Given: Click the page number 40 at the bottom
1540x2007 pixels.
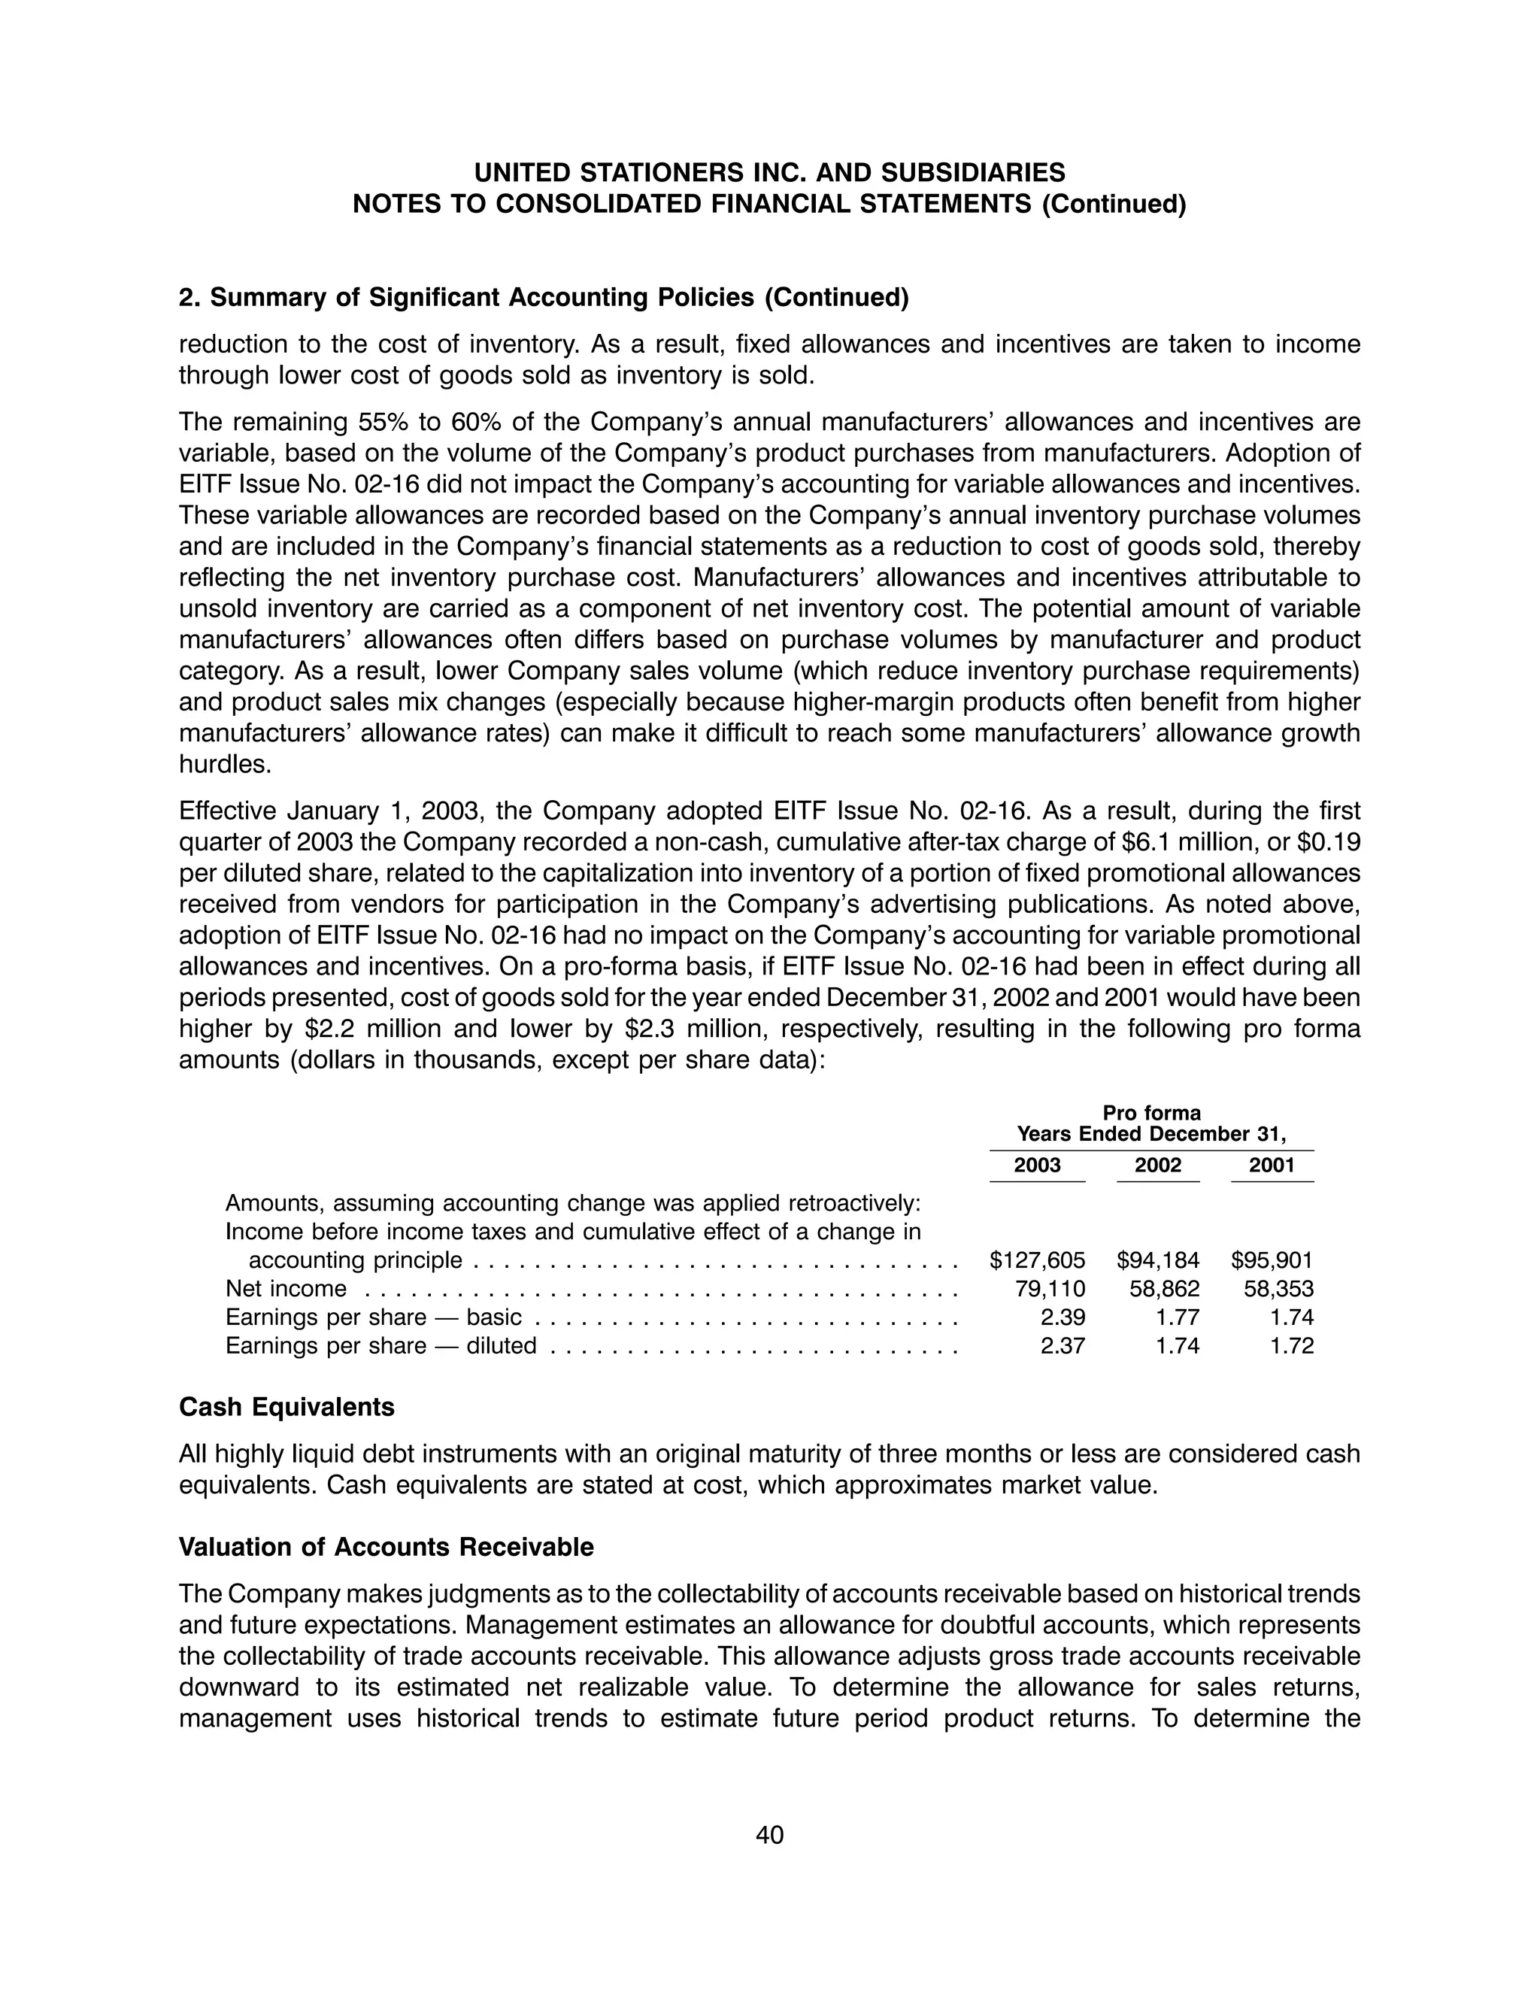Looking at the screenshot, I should [769, 1835].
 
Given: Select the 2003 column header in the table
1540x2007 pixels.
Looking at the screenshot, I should [1037, 1165].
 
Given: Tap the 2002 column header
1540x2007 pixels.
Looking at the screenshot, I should [1158, 1165].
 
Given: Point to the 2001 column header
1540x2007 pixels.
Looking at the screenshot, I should [1272, 1165].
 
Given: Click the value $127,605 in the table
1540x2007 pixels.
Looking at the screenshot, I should [1038, 1260].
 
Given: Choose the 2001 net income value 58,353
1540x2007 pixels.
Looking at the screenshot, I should [1278, 1289].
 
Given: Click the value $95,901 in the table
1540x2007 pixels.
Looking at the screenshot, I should [1272, 1260].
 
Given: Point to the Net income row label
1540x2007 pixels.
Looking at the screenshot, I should [286, 1289].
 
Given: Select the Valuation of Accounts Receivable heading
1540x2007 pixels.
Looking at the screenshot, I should [386, 1547].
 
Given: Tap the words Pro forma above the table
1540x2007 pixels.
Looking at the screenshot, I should [1151, 1113].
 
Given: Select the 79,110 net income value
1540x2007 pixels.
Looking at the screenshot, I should [1050, 1289].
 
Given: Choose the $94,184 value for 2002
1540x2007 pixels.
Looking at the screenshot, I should [1158, 1260].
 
